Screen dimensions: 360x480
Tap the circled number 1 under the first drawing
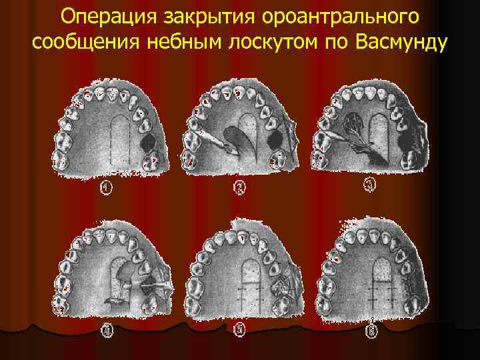[106, 189]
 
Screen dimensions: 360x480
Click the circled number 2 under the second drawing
[240, 189]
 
